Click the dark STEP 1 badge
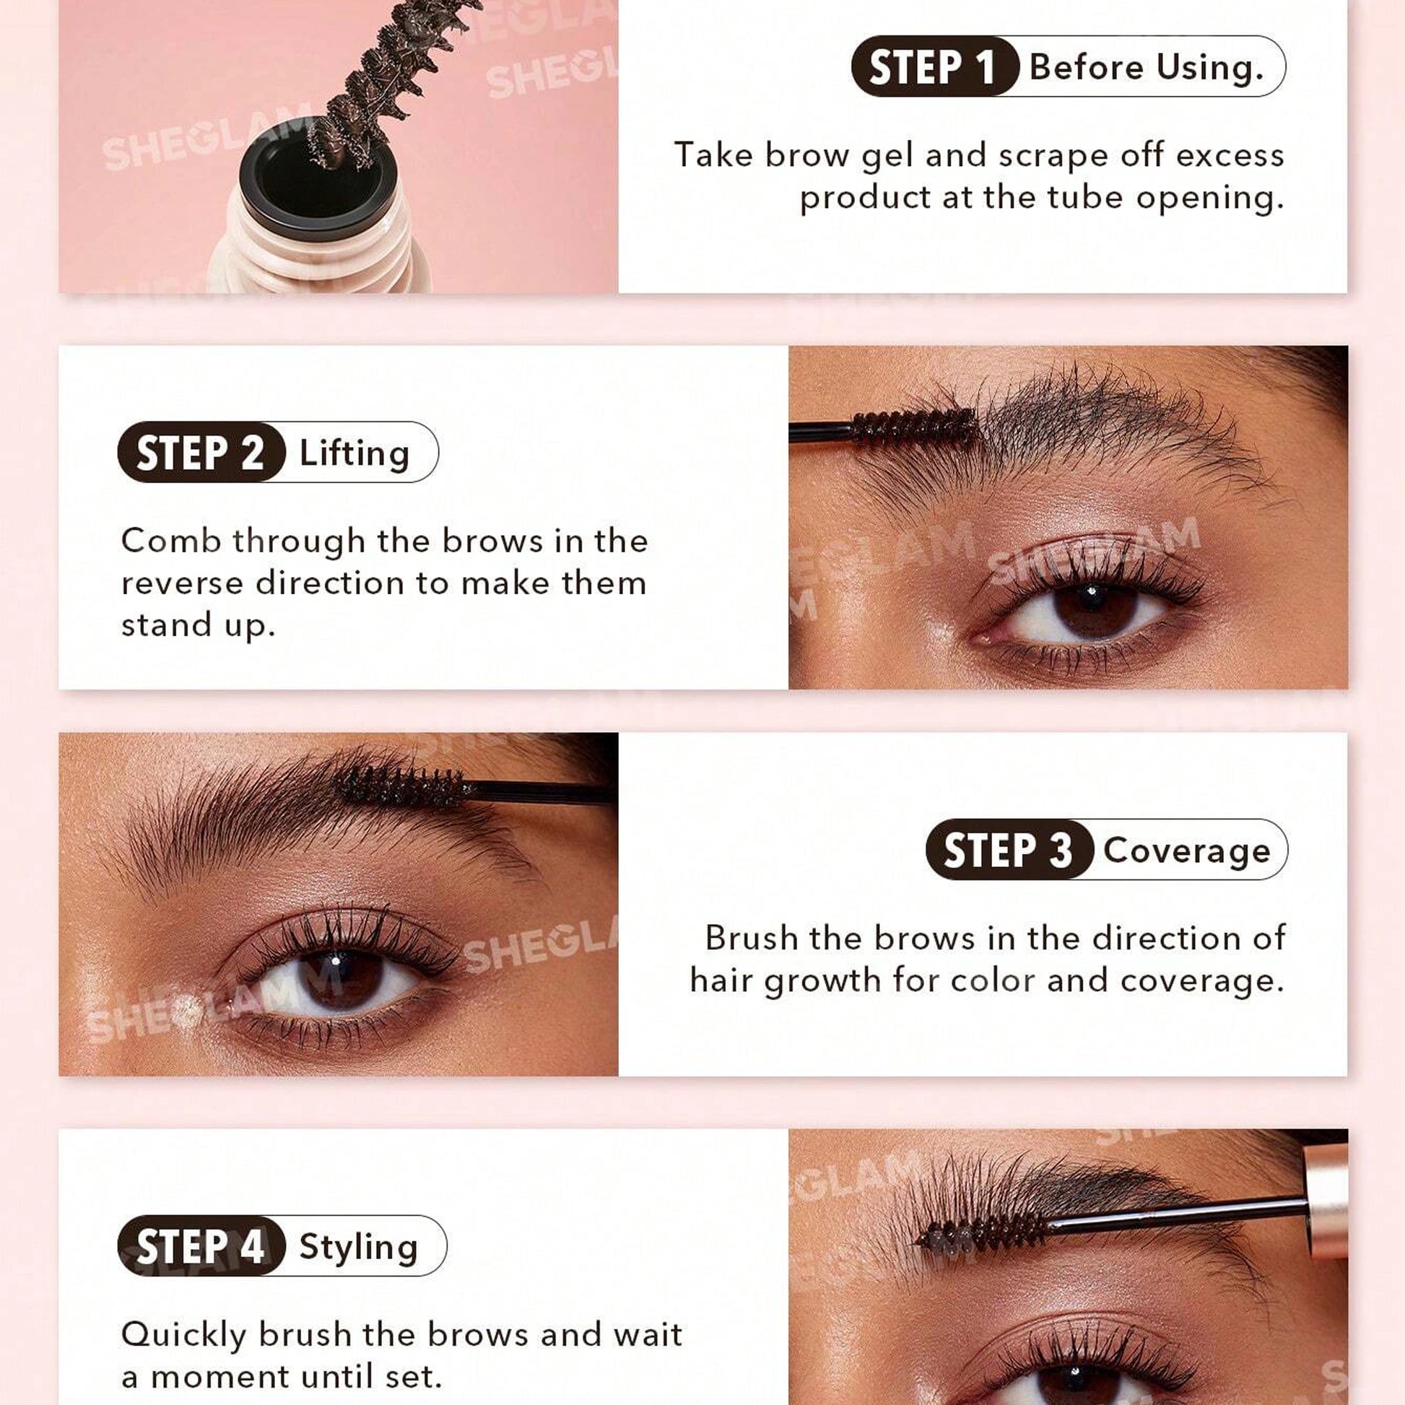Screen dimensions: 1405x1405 click(934, 67)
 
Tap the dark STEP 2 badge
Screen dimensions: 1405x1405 click(201, 453)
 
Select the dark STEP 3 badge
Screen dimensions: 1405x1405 click(1009, 849)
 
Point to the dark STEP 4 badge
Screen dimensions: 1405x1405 click(201, 1246)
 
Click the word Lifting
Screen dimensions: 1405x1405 click(355, 453)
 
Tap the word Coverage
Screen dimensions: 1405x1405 click(1187, 850)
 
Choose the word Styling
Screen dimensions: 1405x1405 click(359, 1247)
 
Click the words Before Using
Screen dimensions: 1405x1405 click(1147, 68)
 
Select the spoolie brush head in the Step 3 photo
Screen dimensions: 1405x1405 click(401, 786)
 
